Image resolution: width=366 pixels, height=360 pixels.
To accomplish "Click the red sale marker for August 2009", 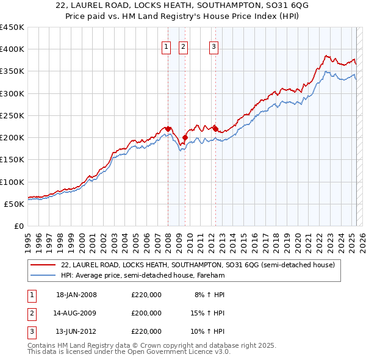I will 185,138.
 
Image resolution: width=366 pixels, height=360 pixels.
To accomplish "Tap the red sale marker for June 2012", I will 215,129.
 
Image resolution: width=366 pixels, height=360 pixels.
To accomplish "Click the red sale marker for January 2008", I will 168,129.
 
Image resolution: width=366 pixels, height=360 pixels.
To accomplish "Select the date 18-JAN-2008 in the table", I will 76,295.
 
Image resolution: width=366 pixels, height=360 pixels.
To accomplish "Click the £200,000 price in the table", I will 146,313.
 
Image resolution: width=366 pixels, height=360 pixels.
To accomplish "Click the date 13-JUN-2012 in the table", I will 76,331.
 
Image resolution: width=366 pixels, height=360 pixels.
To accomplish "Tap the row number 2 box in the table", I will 32,313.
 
